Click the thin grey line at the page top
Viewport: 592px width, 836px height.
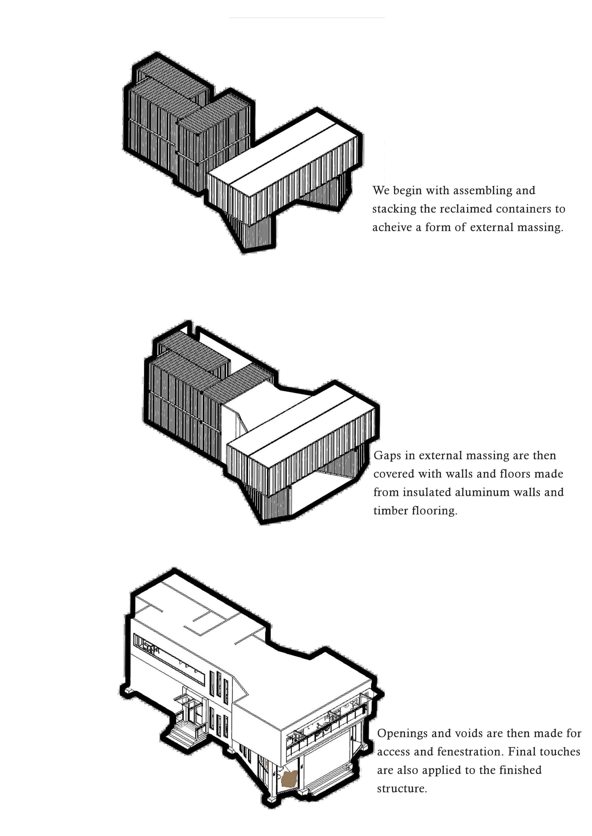pos(307,17)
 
